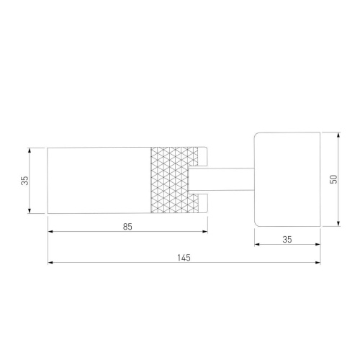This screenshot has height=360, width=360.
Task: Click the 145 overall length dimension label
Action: [x=184, y=258]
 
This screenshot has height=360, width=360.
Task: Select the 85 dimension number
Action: [x=127, y=227]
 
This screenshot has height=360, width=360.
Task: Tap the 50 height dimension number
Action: [x=333, y=179]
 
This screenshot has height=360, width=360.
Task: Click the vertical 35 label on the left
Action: [x=24, y=181]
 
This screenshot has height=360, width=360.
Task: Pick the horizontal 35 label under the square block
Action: [x=287, y=239]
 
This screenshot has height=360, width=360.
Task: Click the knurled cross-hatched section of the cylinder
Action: [x=171, y=180]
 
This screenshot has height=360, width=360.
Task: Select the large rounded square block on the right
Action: [x=287, y=179]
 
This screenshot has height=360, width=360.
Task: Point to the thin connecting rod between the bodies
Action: [x=221, y=179]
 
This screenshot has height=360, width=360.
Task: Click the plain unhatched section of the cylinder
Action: [x=99, y=180]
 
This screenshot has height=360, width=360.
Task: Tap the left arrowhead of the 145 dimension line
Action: [x=50, y=263]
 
